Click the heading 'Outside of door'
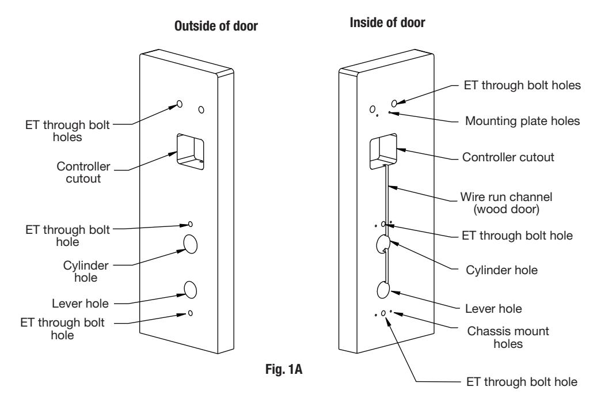click(x=216, y=26)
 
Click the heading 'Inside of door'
click(x=387, y=22)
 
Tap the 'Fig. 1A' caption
click(x=284, y=369)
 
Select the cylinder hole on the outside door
click(x=191, y=244)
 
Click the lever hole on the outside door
click(x=191, y=290)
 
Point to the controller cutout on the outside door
click(x=190, y=151)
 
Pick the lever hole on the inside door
click(x=383, y=290)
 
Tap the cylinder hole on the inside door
click(x=383, y=244)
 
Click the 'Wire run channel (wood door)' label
click(x=507, y=203)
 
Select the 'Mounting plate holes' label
click(x=522, y=121)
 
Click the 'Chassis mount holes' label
click(x=508, y=337)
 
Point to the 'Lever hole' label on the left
click(x=80, y=304)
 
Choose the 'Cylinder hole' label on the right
click(x=501, y=270)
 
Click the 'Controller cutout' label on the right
click(x=508, y=157)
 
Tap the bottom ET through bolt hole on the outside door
click(x=191, y=313)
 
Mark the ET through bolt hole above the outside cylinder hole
click(x=191, y=224)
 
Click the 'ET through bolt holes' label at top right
click(x=522, y=85)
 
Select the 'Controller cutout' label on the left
click(x=83, y=172)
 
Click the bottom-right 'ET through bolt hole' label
click(x=522, y=382)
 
